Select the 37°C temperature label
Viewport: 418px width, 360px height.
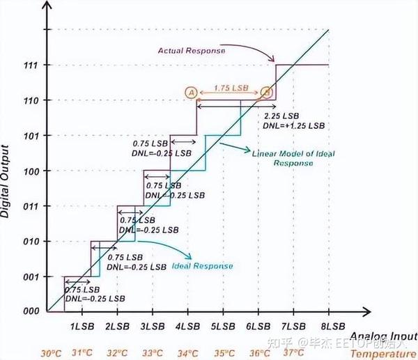tap(293, 352)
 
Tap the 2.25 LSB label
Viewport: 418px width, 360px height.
tap(282, 115)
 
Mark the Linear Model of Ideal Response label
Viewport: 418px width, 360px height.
tap(286, 157)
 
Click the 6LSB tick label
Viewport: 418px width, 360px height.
tap(258, 326)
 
